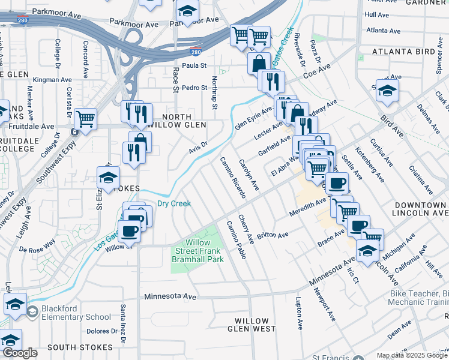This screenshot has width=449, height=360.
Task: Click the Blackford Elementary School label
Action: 68,313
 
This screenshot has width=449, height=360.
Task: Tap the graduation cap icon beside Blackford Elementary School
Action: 15,304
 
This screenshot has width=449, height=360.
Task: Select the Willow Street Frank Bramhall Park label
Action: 199,251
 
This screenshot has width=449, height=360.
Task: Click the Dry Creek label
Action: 174,203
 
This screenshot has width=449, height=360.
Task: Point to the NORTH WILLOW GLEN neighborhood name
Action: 176,121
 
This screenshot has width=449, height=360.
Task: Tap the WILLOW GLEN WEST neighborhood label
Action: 255,325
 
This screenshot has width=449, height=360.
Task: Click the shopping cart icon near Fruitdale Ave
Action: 86,119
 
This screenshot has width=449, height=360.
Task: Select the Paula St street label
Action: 194,65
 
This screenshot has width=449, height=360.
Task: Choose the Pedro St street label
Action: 194,88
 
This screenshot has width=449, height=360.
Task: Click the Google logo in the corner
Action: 20,353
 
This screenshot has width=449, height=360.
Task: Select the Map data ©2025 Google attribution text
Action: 412,355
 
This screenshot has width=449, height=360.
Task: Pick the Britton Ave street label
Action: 273,235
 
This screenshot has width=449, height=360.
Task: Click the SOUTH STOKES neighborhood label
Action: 80,347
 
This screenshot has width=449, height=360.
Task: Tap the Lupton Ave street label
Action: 298,312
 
